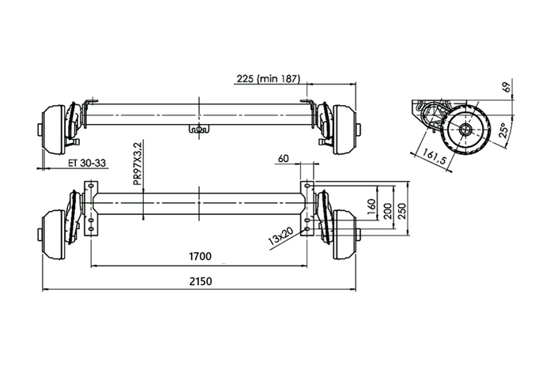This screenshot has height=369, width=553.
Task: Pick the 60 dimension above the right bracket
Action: [284, 159]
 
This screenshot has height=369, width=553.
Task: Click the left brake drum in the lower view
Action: [52, 235]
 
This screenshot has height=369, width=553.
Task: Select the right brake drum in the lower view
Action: [345, 235]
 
